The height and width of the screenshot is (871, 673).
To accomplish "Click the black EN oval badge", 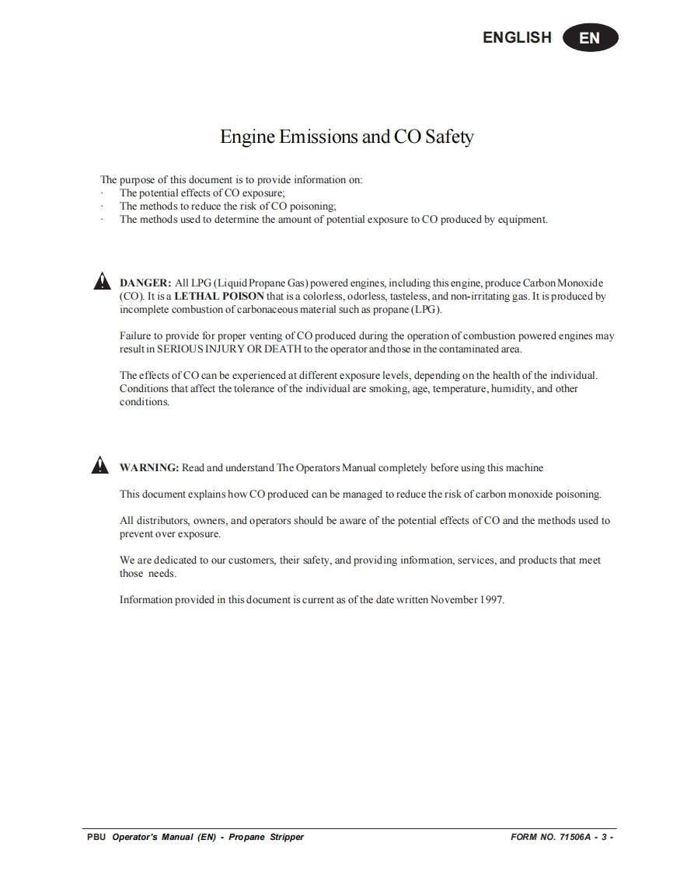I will pos(590,37).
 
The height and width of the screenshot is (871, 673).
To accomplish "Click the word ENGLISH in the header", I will pos(517,37).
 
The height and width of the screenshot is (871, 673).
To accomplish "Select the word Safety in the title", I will pos(448,137).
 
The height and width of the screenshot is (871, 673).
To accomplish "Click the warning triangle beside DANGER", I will pos(101,283).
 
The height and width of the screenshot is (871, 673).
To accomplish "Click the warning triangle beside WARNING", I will pos(101,466).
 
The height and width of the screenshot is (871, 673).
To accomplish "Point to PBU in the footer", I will pos(97,837).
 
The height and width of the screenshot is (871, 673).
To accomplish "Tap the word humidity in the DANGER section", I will pos(511,388).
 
